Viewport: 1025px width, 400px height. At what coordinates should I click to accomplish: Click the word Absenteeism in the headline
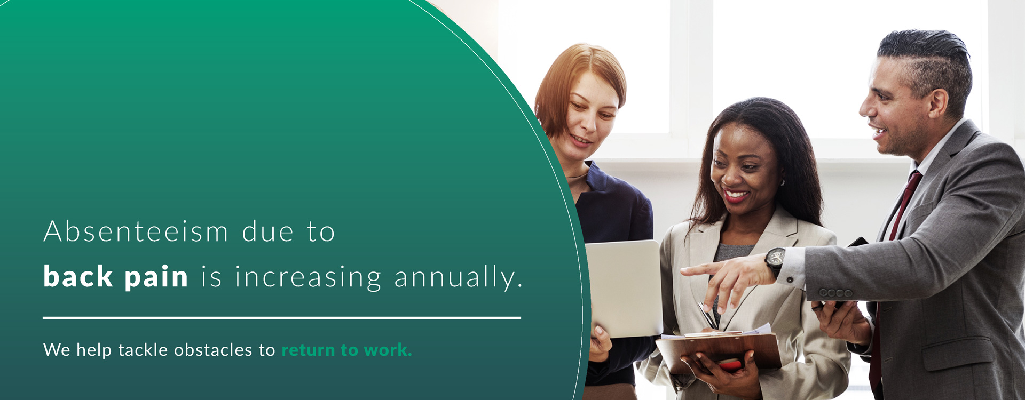pos(136,232)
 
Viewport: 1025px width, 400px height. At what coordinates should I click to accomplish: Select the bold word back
pos(78,276)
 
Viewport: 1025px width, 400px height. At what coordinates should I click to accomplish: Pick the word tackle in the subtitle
pos(143,350)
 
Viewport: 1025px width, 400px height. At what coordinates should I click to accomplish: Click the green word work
pos(388,350)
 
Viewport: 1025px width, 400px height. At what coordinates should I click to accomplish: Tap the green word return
pos(309,350)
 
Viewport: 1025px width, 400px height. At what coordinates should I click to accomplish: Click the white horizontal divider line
pos(282,318)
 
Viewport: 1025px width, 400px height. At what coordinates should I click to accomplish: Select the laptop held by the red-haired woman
pos(624,288)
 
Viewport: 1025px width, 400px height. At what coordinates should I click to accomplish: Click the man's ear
pos(938,103)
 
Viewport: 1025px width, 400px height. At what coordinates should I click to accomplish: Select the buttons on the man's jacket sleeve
pos(836,293)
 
